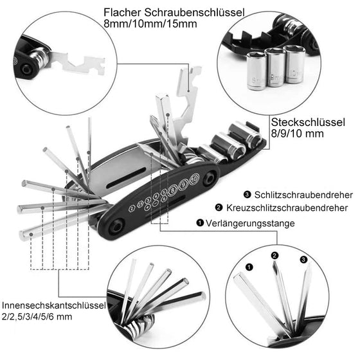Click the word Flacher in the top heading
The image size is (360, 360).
click(x=122, y=12)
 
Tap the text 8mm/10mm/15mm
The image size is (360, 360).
click(x=150, y=24)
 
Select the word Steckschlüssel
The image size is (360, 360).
click(x=308, y=122)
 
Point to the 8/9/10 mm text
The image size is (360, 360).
click(x=297, y=134)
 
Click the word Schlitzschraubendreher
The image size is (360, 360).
click(x=303, y=195)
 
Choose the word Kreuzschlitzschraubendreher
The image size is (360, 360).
click(x=287, y=208)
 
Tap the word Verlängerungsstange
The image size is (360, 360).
click(x=250, y=223)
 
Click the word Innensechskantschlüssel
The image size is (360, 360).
click(x=54, y=305)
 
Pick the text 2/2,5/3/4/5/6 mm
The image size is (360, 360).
click(x=37, y=317)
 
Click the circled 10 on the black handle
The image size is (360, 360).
click(x=194, y=179)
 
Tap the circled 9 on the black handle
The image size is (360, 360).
click(x=183, y=184)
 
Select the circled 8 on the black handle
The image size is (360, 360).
click(x=172, y=190)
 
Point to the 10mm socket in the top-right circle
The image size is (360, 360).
click(x=294, y=64)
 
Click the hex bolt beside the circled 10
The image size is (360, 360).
click(x=209, y=179)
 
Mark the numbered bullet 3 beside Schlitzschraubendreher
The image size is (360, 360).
click(x=247, y=195)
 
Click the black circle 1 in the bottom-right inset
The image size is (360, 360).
click(x=249, y=267)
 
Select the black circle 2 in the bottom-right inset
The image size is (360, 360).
click(x=275, y=255)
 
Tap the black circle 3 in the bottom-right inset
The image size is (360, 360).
click(x=303, y=260)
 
